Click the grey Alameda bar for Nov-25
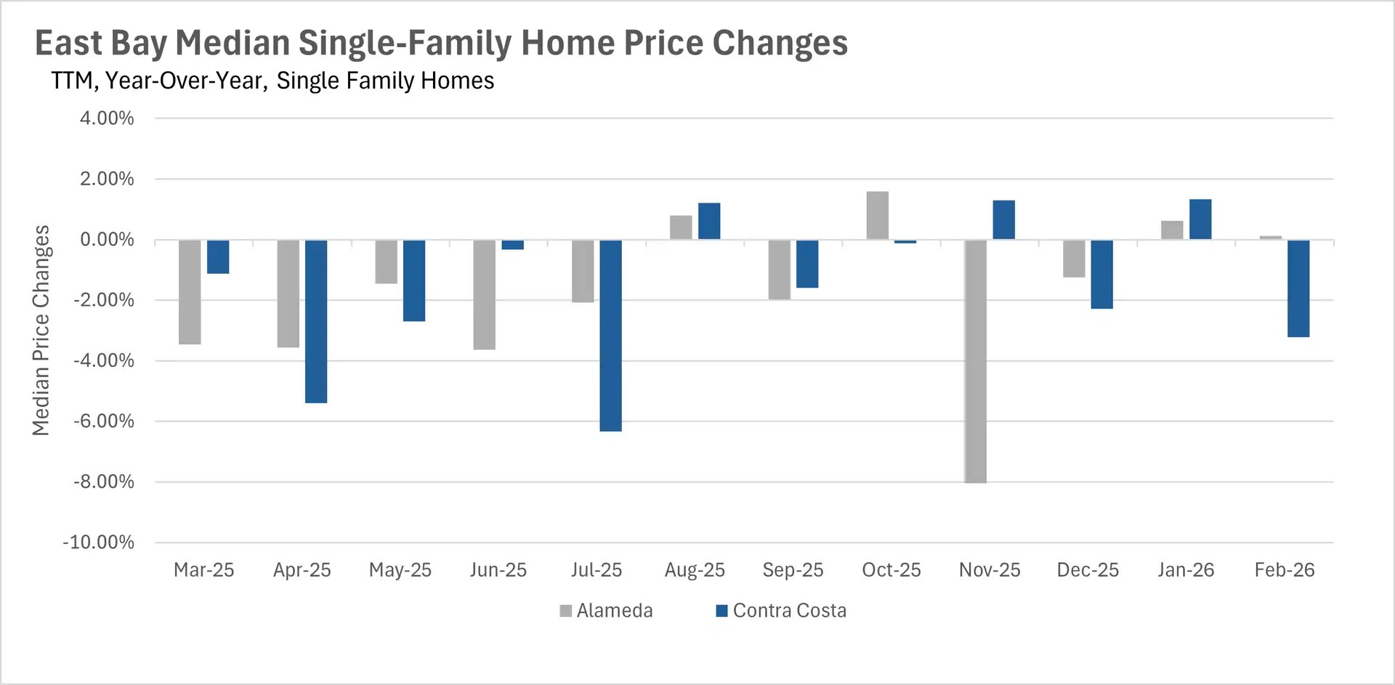975,361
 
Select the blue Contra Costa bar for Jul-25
610,336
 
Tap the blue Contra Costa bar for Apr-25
316,321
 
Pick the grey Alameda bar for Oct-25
877,216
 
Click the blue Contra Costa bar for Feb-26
1298,288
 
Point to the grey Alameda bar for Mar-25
190,292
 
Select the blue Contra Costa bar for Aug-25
709,222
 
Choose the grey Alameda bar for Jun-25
484,295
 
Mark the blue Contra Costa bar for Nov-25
1003,220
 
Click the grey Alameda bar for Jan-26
1172,230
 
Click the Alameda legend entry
606,611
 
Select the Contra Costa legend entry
781,611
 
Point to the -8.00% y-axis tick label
104,482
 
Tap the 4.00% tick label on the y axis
107,118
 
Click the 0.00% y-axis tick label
107,240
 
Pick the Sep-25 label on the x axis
793,570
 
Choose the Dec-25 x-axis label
1088,570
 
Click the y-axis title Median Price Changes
41,331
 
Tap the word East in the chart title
68,44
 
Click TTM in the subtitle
72,81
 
